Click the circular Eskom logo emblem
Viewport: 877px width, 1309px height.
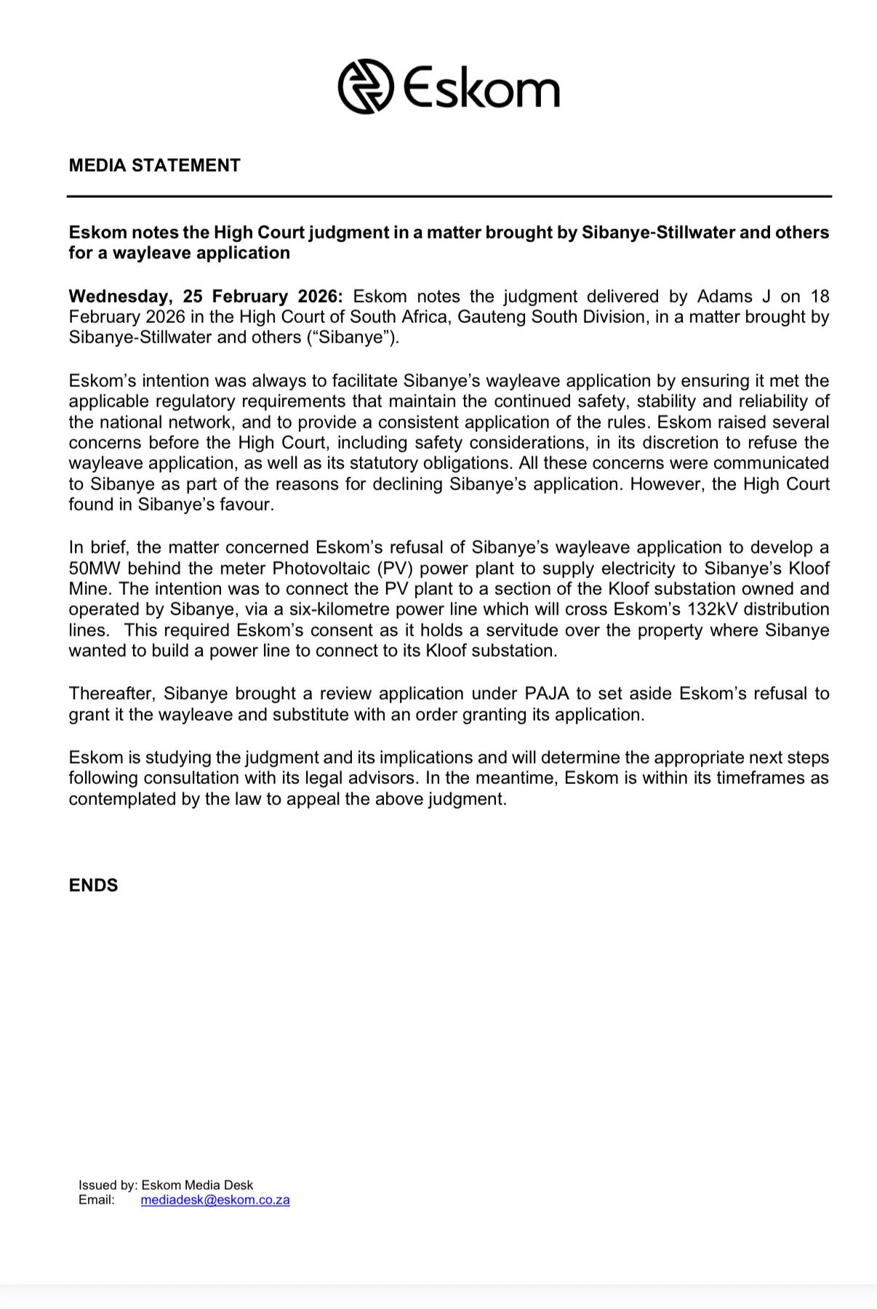(366, 87)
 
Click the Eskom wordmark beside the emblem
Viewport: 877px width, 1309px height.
(481, 89)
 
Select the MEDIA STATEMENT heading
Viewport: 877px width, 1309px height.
(154, 166)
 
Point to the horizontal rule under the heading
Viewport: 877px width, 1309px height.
(449, 196)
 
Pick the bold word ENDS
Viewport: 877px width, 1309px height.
(93, 886)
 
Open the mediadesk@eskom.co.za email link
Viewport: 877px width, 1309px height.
(215, 1200)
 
